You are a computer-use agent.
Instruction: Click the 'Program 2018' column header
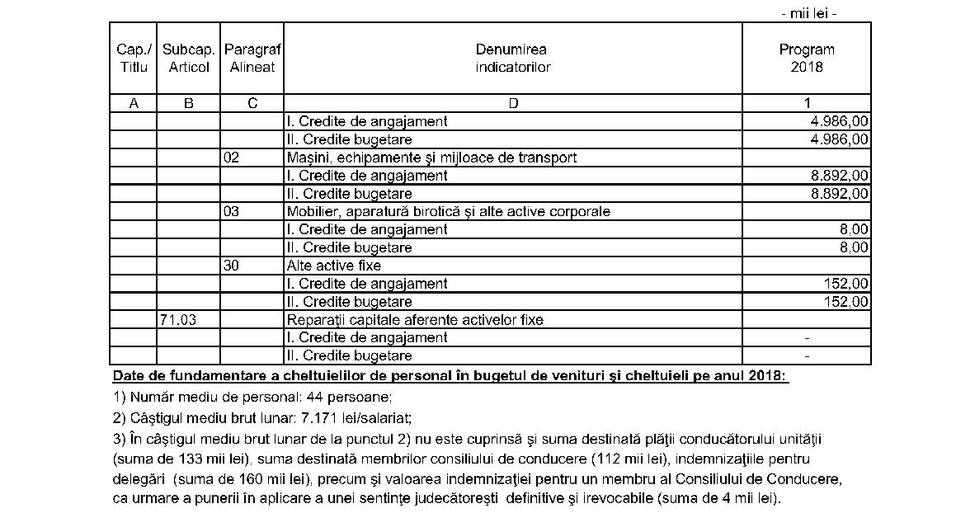coord(806,58)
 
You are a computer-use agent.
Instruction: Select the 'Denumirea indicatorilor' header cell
coord(512,58)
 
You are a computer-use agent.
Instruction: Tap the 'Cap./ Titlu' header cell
coord(133,58)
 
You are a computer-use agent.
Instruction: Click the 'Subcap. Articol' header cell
coord(189,58)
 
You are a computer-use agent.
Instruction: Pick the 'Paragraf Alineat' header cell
coord(252,58)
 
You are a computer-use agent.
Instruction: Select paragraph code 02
coord(231,158)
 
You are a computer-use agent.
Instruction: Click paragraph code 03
coord(231,212)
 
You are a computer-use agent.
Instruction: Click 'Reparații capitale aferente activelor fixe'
coord(415,320)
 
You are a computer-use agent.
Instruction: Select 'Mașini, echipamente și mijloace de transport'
coord(431,158)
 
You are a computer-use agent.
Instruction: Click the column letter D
coord(512,103)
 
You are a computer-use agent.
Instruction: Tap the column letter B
coord(189,103)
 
